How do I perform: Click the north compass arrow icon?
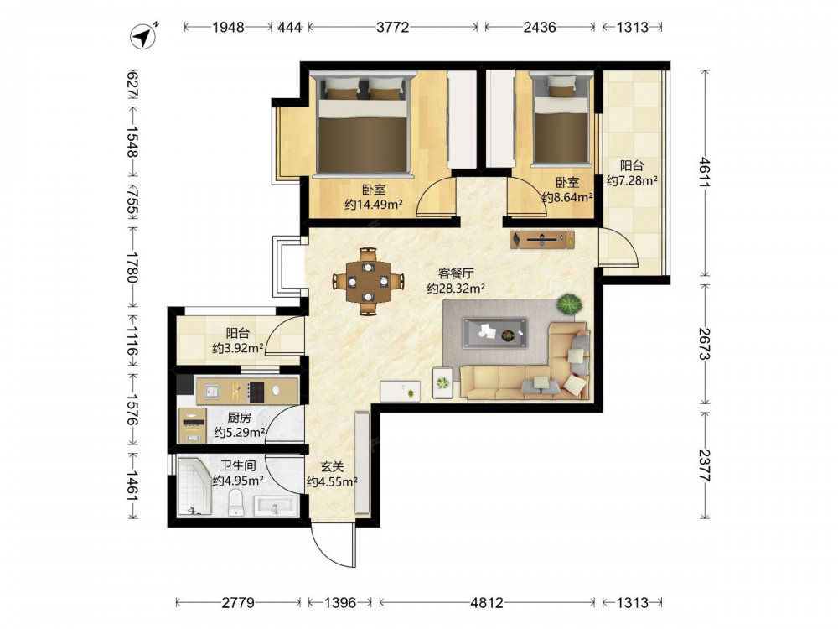pos(143,36)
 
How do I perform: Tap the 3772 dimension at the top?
pos(393,27)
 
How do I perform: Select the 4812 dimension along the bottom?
pos(487,603)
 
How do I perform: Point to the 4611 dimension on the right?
pos(705,172)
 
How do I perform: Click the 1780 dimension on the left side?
pos(132,268)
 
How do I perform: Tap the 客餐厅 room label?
pos(456,273)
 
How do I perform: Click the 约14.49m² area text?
pos(374,205)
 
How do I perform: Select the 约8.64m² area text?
pos(567,197)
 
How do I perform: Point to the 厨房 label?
pos(239,417)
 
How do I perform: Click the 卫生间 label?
pos(238,465)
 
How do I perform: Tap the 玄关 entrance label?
pos(333,467)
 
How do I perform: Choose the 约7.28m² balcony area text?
pos(632,181)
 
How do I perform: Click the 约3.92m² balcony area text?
pos(238,348)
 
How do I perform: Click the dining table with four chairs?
pos(368,281)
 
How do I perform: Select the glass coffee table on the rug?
pos(495,333)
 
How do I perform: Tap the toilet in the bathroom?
pos(235,504)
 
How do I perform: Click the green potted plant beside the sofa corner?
pos(569,304)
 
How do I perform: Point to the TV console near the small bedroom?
pos(542,239)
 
